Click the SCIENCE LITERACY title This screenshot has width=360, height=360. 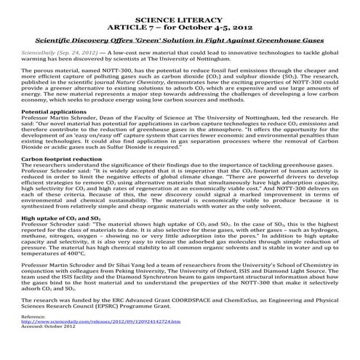[180, 15]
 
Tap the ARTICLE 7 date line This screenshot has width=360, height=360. [180, 25]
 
